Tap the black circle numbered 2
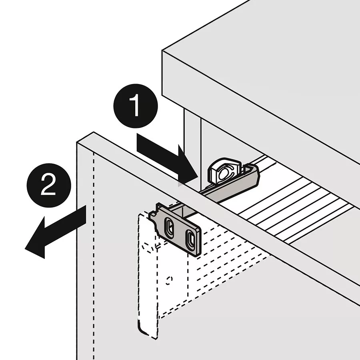click(49, 185)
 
